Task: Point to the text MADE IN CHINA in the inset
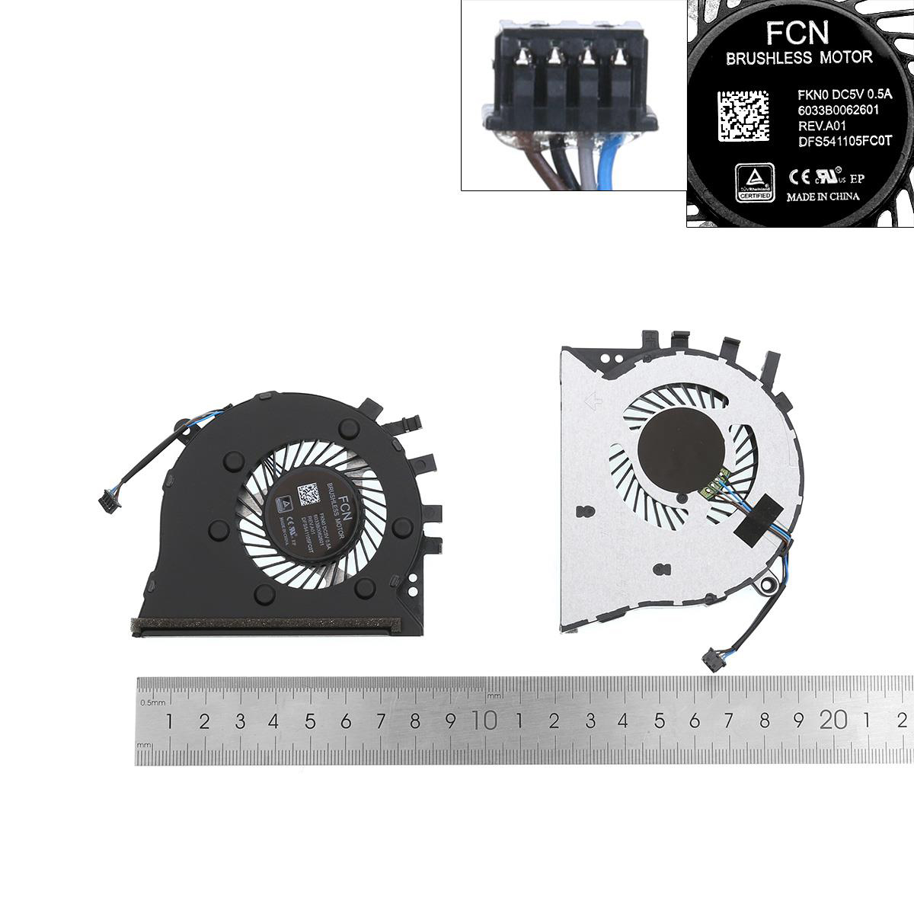coord(823,197)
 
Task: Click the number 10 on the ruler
coord(485,720)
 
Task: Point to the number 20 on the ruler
coord(835,720)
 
